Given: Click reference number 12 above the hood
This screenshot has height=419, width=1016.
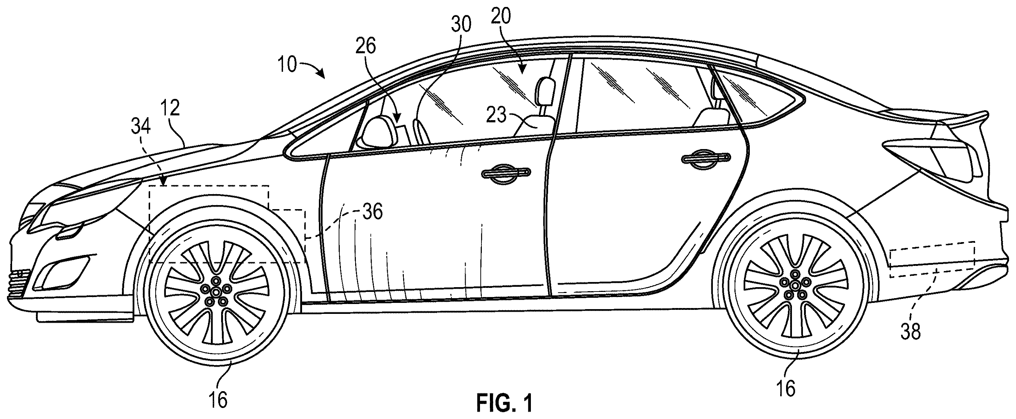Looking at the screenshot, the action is coord(170,108).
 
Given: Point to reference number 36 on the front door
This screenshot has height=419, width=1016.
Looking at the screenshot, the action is coord(372,212).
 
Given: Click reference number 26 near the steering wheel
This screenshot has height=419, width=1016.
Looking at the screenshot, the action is coord(366,47).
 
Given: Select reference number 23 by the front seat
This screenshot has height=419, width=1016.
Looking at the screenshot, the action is coord(496,116).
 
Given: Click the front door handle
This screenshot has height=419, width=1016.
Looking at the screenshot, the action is coord(506,174).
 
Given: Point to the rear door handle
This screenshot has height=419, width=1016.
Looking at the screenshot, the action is coord(706,159).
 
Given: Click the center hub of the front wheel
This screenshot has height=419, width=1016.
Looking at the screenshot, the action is coord(216,292).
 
